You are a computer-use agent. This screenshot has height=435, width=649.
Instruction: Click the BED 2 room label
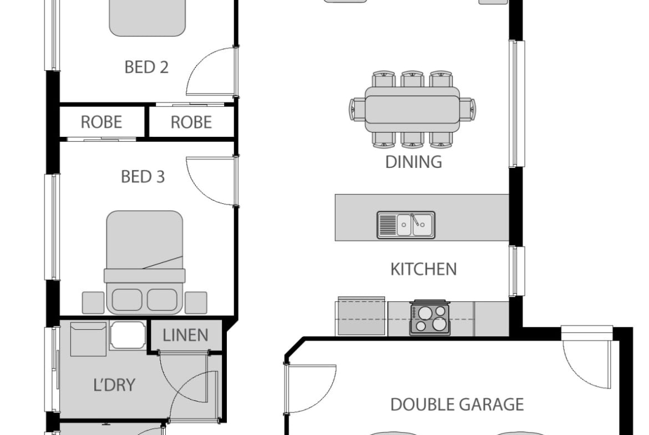point(146,67)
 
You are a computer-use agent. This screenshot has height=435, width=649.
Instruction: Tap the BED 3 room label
point(143,177)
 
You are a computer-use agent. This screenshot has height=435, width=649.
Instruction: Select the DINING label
point(413,162)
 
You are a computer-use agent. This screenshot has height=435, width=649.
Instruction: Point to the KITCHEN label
point(423,269)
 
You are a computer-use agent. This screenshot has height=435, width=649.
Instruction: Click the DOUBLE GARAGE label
point(457,405)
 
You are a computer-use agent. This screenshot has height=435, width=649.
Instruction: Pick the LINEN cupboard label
point(185,335)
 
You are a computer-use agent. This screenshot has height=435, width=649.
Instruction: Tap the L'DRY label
point(115,385)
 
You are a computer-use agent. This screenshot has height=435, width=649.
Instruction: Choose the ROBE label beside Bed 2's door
point(191,122)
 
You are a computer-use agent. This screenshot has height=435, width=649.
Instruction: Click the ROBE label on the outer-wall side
point(102,122)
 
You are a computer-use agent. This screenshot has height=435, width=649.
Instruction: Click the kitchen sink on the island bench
point(405,225)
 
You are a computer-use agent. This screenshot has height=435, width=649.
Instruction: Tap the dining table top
point(412,109)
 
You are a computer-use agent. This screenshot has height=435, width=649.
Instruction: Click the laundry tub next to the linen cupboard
point(128,335)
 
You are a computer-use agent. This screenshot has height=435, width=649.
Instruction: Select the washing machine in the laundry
point(88,339)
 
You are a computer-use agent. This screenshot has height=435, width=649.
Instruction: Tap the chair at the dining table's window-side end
point(468,109)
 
